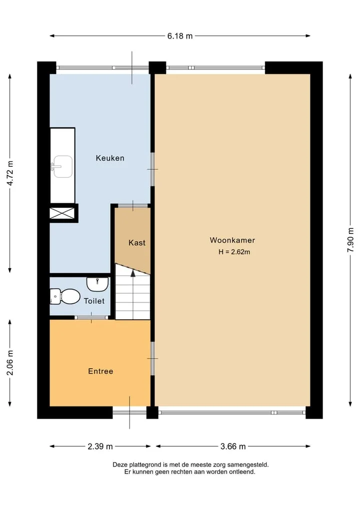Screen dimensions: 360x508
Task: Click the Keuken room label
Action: (110, 158)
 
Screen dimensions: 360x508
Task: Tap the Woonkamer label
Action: (232, 240)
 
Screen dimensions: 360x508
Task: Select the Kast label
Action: (137, 243)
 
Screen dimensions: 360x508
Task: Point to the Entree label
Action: (100, 371)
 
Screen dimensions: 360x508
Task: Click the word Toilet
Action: (94, 301)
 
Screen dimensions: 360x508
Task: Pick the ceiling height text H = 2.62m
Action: (234, 252)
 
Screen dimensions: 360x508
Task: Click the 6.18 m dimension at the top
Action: (180, 36)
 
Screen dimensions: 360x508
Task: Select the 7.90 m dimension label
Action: (350, 240)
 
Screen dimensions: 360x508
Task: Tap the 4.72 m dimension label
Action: (10, 173)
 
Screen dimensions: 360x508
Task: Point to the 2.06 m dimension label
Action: (10, 363)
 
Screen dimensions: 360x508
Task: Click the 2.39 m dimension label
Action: (100, 447)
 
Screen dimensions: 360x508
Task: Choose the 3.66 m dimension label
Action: (233, 447)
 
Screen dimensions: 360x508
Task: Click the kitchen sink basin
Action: (63, 166)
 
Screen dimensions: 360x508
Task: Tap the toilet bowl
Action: (69, 296)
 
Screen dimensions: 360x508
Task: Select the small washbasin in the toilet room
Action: (97, 284)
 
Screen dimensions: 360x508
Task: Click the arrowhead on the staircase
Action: (133, 273)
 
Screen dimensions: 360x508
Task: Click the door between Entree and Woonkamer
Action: (152, 359)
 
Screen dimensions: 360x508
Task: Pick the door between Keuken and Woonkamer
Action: (152, 169)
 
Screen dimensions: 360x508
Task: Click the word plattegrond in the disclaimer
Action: (141, 465)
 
